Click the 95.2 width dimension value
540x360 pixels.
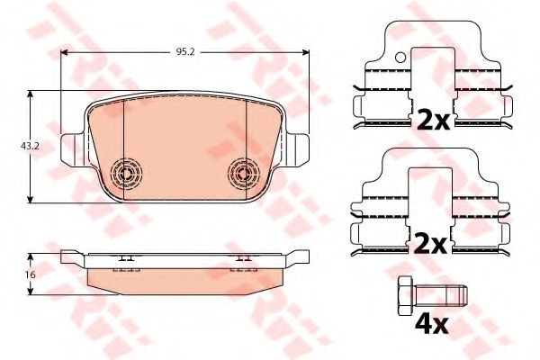185,52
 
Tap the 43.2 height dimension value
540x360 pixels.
30,146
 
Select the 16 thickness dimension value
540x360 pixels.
31,274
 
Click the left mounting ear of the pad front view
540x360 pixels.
72,150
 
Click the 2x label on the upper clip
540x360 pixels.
433,119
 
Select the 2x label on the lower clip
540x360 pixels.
430,243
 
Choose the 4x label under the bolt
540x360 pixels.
431,325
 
